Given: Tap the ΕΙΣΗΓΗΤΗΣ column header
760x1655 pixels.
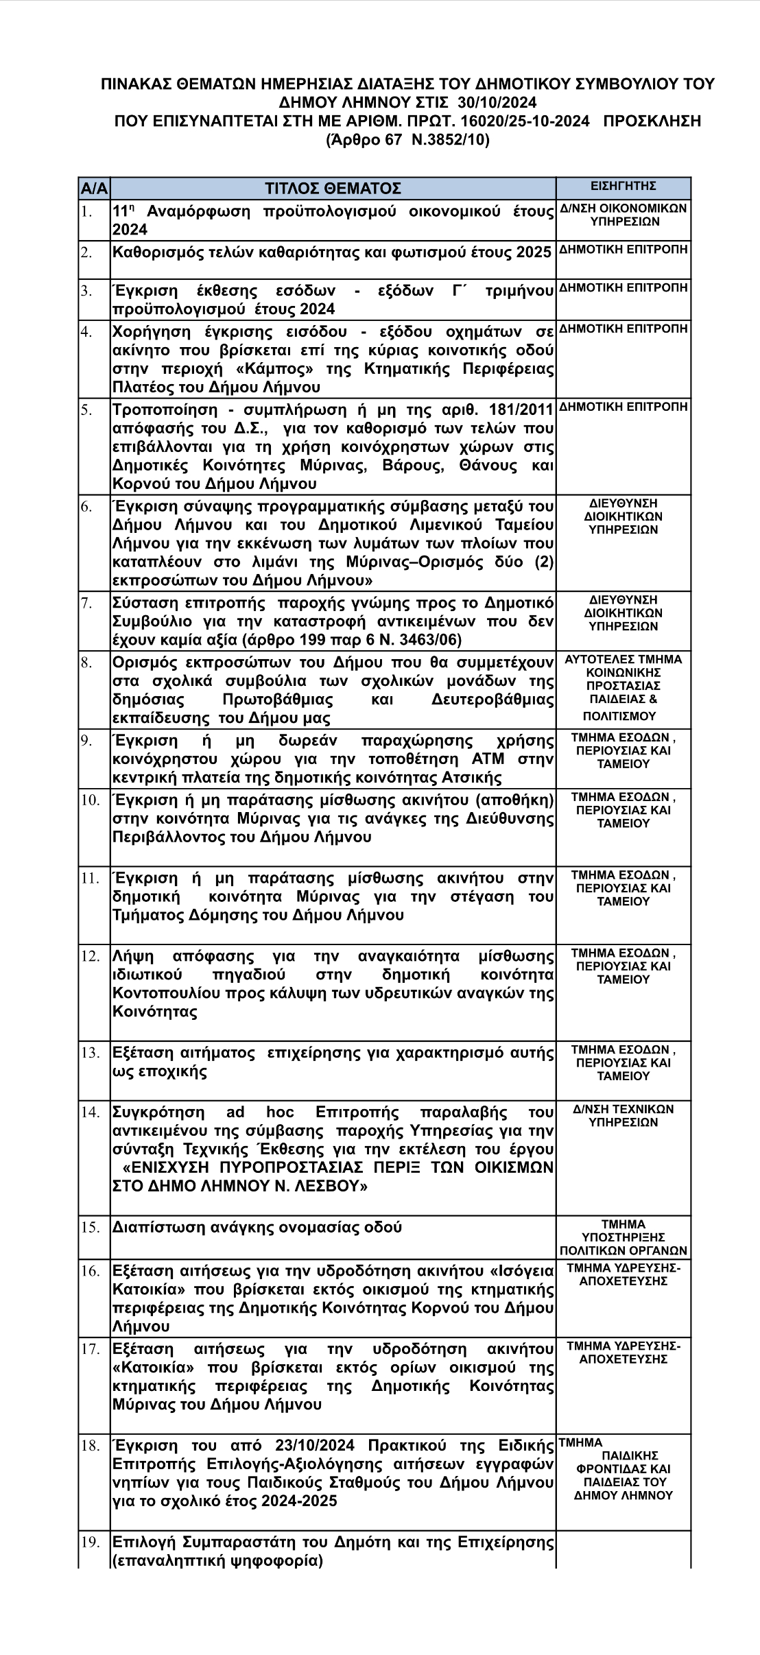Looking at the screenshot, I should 623,186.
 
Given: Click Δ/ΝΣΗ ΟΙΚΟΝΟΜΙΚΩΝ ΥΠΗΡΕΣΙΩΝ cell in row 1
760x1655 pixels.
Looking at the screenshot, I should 623,215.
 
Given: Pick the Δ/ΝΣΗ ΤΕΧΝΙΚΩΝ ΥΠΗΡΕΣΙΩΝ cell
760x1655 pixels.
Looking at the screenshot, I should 623,1116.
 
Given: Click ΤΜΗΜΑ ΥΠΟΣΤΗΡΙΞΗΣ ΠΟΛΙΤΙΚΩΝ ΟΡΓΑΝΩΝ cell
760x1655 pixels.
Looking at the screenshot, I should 623,1237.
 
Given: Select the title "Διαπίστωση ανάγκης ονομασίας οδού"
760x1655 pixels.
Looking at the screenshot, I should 257,1227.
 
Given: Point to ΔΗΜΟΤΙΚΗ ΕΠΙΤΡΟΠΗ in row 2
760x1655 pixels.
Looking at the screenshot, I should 623,250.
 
